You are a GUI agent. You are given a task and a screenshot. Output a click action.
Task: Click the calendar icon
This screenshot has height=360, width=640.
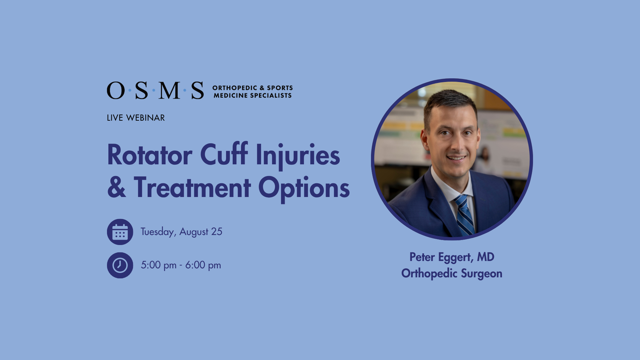tap(120, 232)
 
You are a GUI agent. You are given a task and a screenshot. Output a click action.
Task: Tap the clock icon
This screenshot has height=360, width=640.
tap(120, 265)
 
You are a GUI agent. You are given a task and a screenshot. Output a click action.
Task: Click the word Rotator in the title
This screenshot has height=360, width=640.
tap(150, 155)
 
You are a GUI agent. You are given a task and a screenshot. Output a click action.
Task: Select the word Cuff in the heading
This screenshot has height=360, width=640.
tap(224, 154)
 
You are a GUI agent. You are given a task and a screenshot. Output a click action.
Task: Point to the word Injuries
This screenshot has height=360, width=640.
tap(298, 156)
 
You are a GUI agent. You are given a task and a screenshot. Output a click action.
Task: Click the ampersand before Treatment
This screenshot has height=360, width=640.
tap(117, 188)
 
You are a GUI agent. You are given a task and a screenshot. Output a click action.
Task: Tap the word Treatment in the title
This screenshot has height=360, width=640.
tap(192, 188)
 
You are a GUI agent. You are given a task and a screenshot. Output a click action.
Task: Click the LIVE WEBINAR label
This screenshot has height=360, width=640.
tap(136, 118)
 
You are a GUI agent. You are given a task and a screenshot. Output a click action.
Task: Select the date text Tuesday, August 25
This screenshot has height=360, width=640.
tap(181, 232)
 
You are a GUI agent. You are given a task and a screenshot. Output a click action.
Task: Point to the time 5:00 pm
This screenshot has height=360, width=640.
tap(159, 265)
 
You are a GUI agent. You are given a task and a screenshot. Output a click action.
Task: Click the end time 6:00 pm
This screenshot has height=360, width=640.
tap(203, 265)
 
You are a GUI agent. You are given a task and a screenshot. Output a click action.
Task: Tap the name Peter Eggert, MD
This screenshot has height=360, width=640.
tap(452, 257)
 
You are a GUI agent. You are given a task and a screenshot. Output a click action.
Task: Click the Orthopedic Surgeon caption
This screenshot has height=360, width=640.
tap(452, 274)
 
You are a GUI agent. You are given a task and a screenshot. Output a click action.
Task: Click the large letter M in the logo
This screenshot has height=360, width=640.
tap(169, 91)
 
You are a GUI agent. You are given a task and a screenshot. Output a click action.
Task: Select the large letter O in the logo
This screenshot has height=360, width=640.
tap(116, 91)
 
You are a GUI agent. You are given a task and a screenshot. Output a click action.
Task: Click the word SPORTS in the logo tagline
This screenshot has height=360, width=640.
tap(280, 88)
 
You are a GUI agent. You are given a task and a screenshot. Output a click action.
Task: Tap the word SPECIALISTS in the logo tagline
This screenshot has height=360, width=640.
tap(271, 96)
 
